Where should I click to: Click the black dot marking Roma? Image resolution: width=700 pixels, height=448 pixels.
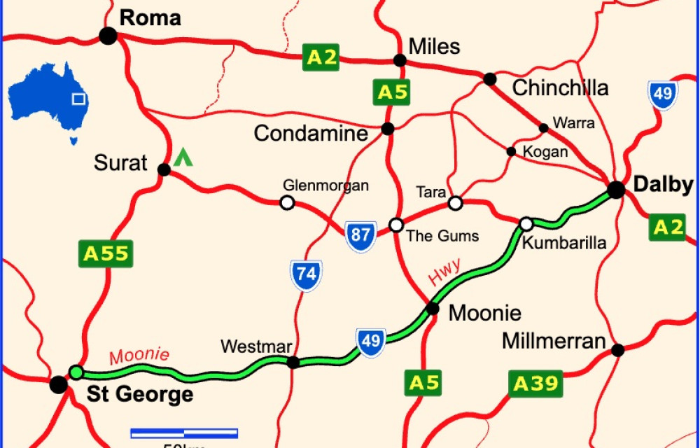point(108,36)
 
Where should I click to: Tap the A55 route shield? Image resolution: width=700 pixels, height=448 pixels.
point(103,253)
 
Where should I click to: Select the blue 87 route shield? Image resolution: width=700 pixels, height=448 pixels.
point(360,234)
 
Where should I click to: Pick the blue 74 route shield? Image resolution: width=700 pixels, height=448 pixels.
point(307,275)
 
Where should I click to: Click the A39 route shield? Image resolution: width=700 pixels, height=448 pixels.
point(535,384)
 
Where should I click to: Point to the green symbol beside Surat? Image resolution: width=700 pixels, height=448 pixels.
point(183,157)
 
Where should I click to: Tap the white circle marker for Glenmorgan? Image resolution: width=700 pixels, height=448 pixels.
point(286,203)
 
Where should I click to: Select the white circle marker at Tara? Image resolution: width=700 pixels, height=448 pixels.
point(455,203)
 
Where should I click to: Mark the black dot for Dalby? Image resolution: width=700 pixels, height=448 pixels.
point(615,190)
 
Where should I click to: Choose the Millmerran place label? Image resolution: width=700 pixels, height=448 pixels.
point(554,342)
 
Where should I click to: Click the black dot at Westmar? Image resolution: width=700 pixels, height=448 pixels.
point(293,362)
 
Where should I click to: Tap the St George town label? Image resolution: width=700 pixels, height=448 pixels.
point(140,394)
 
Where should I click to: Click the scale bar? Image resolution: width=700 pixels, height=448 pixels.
point(184,433)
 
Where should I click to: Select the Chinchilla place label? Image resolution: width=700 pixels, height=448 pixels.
point(560,88)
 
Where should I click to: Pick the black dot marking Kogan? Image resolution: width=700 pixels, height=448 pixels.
point(511,151)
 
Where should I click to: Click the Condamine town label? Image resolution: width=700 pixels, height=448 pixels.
point(310,133)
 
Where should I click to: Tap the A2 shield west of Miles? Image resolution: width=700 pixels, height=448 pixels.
point(322,57)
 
